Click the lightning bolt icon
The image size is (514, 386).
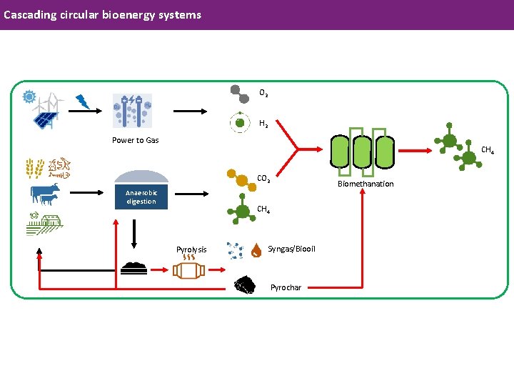pos(84,102)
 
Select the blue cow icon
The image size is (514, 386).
pos(44,194)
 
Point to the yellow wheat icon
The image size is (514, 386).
pos(34,168)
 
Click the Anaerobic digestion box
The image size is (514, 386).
pos(141,197)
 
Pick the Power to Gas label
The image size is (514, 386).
pos(135,140)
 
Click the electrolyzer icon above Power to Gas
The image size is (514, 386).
pos(133,111)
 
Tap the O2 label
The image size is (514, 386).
pos(263,93)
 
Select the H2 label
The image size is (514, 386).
pos(263,124)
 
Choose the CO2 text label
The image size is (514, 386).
pos(263,178)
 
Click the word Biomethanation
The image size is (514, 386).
pos(366,184)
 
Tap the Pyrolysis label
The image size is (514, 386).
pos(191,249)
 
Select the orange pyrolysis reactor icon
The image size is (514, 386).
pos(189,271)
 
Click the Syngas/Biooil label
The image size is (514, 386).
pos(291,249)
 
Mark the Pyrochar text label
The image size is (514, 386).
pos(286,287)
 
